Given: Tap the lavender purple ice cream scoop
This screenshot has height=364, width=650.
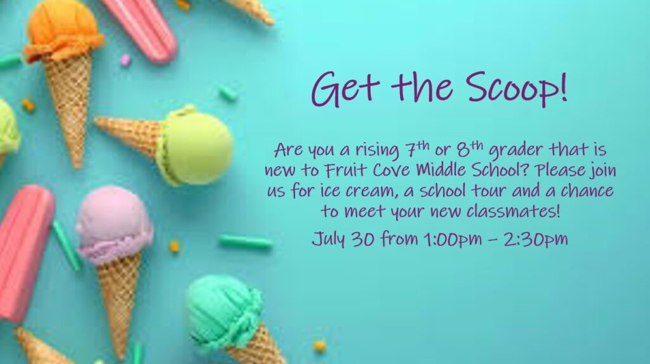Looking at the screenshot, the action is coord(113,224).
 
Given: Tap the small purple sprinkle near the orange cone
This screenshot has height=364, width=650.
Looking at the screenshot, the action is coord(125,60).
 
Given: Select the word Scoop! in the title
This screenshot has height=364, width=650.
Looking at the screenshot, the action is coord(516,88).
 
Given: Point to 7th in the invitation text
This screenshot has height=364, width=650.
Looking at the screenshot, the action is coord(416,148).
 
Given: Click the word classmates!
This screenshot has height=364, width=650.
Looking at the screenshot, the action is coord(514,212).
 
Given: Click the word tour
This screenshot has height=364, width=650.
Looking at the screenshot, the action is coord(488,191).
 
